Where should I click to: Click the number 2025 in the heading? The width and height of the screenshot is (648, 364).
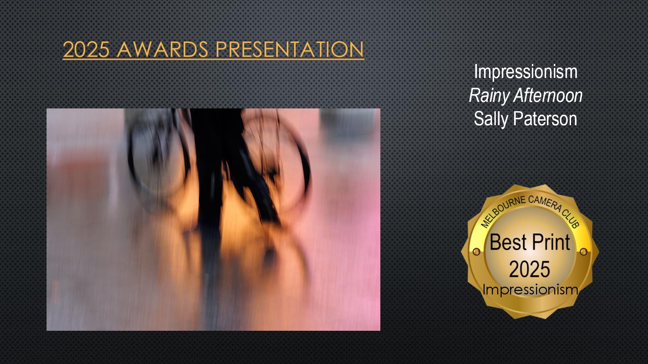pos(86,49)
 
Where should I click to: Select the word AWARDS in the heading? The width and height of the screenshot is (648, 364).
pos(163,49)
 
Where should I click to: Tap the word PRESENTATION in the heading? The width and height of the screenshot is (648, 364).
pos(290,49)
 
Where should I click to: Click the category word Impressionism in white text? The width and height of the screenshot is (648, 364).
pos(526,72)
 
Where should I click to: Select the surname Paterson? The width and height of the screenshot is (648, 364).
pos(545,119)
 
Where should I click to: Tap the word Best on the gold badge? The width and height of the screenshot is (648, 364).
pos(508,242)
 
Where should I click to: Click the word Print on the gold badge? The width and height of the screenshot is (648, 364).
pos(551,242)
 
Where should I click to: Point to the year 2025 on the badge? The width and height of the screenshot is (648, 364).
pos(530,269)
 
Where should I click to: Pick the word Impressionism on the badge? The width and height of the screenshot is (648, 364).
pos(530,290)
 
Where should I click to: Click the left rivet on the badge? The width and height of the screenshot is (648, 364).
pos(476,252)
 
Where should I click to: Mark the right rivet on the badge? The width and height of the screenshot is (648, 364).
pos(584,252)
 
